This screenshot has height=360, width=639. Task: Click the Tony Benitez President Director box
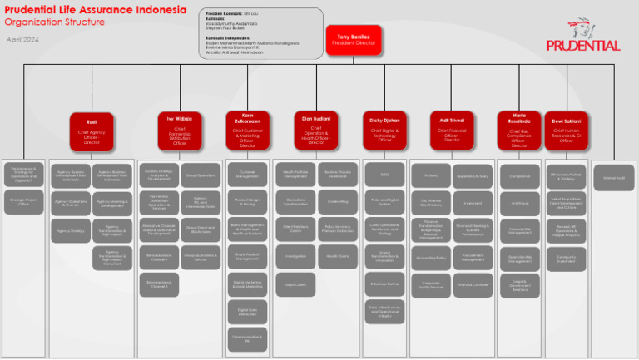coord(354,40)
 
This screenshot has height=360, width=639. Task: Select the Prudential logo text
coord(583,46)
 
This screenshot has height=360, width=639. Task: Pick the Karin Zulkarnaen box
coord(247,131)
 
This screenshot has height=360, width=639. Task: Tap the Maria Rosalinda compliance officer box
coord(520,131)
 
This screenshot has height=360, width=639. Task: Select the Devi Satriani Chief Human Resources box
coord(566,131)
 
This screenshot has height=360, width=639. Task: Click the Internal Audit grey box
coord(613,178)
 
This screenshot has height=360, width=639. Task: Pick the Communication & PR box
coord(247,339)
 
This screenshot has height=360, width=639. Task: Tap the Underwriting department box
coord(338,201)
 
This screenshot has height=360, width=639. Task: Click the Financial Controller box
coord(473,285)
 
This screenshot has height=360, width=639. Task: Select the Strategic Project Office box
coord(22,201)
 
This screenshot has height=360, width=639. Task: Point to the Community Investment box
coord(566,258)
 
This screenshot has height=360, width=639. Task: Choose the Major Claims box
coord(295,285)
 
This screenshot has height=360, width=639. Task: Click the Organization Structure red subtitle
coord(56,22)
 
